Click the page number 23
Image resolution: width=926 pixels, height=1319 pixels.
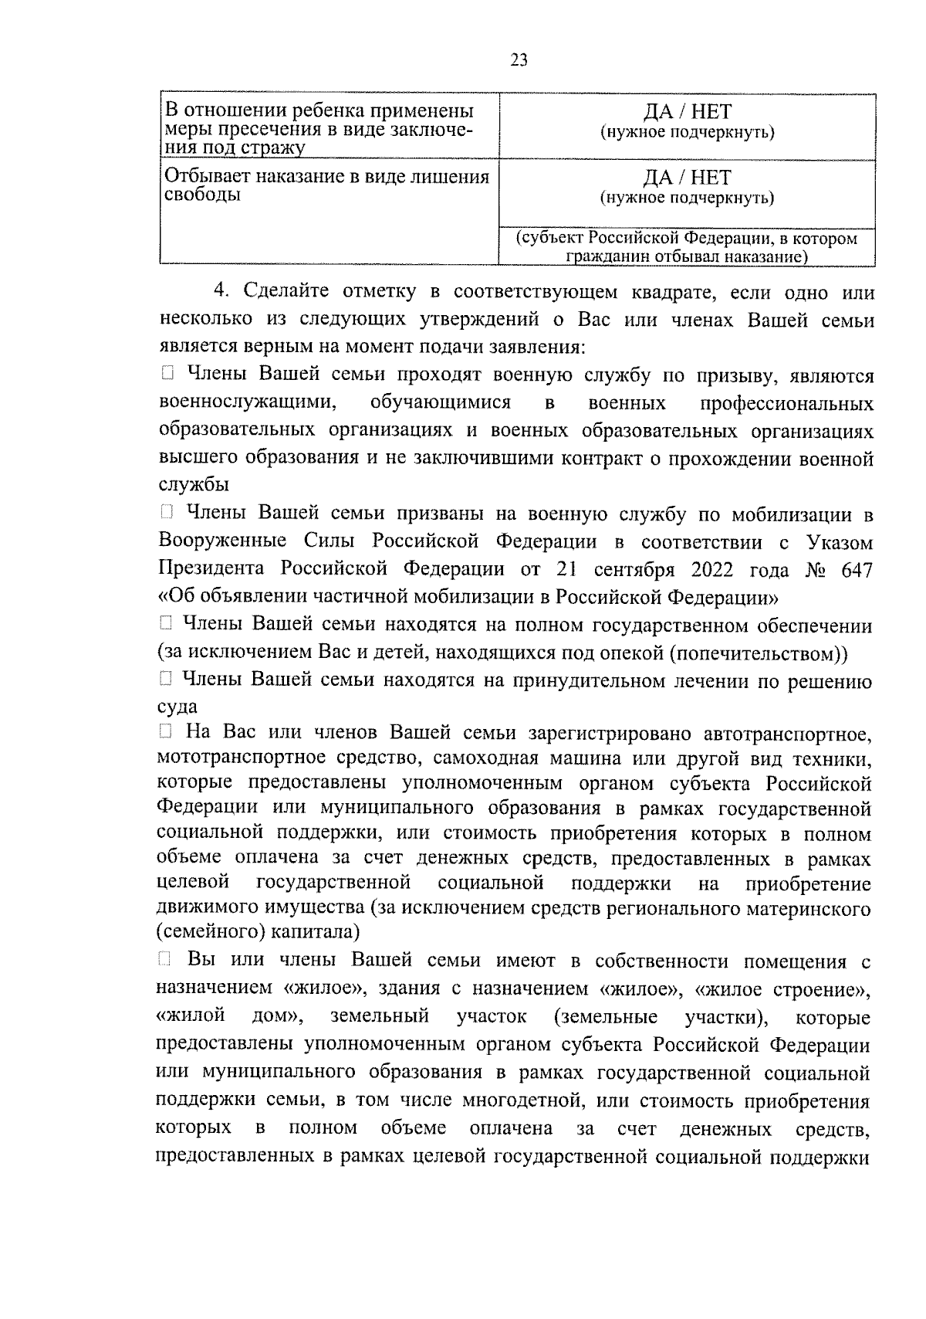tap(519, 60)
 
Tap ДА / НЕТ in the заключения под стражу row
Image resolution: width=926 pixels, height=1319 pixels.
tap(687, 113)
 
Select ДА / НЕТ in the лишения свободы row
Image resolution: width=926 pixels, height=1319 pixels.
tap(687, 178)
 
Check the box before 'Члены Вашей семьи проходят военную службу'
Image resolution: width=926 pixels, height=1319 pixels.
tap(168, 376)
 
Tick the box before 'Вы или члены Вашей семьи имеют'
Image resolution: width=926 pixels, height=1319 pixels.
tap(164, 960)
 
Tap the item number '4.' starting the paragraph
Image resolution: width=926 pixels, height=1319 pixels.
tap(222, 292)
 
